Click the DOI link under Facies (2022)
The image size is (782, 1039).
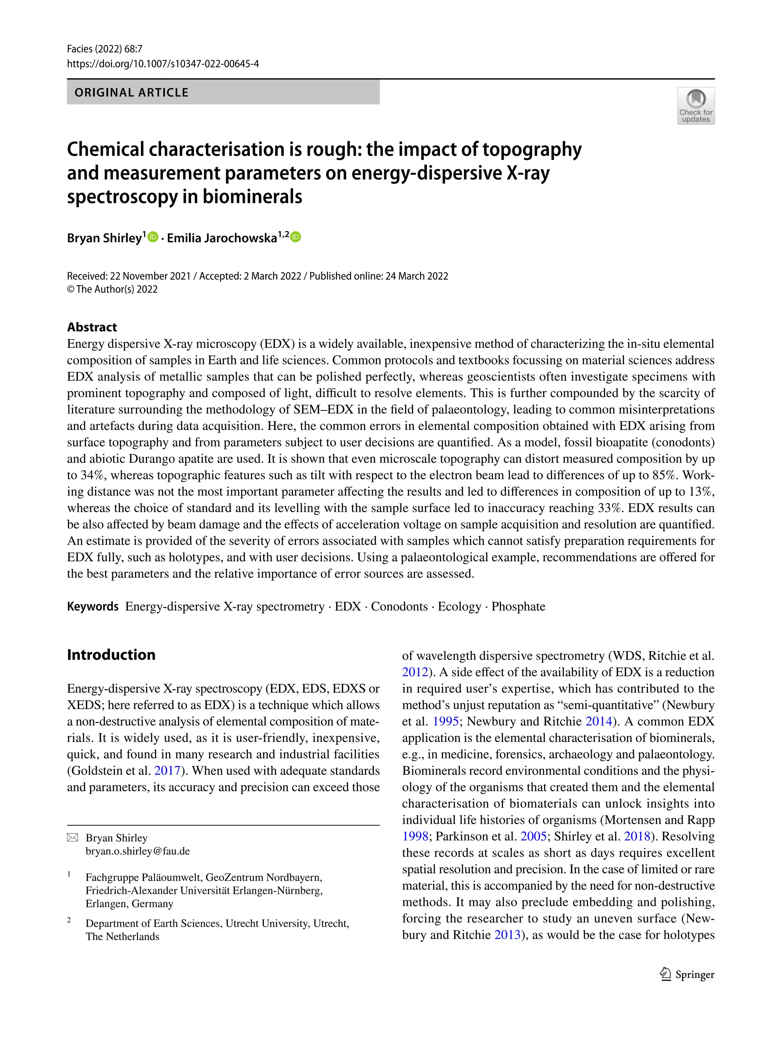[163, 64]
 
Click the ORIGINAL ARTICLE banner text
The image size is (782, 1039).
[131, 92]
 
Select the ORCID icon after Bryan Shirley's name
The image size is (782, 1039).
[153, 237]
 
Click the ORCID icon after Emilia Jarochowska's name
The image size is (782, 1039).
[296, 237]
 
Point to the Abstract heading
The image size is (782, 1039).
[92, 327]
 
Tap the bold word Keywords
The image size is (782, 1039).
[92, 606]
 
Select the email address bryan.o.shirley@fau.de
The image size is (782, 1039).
[137, 851]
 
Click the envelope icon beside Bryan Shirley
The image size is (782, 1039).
[73, 837]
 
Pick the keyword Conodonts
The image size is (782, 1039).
[399, 606]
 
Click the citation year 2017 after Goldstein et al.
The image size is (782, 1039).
[167, 771]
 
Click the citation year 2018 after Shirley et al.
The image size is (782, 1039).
[637, 837]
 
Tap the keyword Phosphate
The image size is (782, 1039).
[518, 606]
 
